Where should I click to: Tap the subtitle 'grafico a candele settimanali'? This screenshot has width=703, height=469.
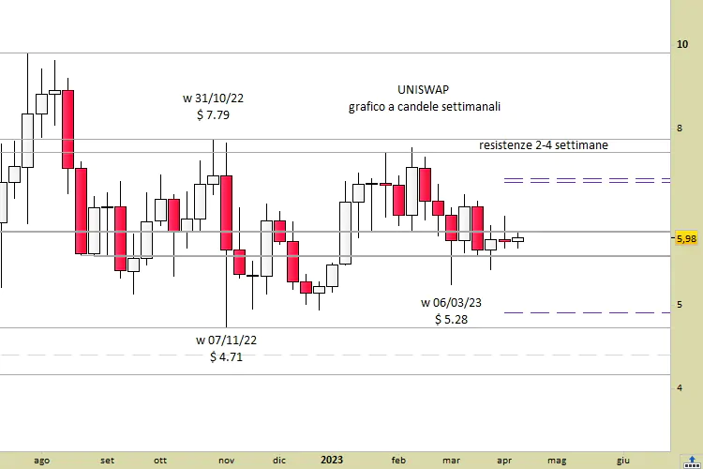(x=425, y=107)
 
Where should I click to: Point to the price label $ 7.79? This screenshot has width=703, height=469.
(x=214, y=115)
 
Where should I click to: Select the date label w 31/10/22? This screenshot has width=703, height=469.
(x=214, y=98)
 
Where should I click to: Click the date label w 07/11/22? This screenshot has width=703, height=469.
(x=226, y=339)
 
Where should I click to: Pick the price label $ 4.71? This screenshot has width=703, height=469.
(x=226, y=357)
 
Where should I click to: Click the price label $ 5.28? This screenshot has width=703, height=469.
(x=451, y=320)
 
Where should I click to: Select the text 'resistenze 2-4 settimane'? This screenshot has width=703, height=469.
(x=543, y=145)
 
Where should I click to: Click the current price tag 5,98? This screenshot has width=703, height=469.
(x=685, y=239)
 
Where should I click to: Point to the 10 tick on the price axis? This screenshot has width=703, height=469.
(x=683, y=44)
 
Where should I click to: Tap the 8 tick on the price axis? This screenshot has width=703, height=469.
(x=681, y=129)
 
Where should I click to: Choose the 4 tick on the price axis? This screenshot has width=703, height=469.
(x=681, y=386)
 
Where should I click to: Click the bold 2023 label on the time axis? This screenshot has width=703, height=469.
(x=332, y=460)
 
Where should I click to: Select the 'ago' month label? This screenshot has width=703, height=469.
(x=41, y=460)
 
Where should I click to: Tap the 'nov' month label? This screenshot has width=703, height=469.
(x=226, y=460)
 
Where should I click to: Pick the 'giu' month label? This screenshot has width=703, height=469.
(x=623, y=460)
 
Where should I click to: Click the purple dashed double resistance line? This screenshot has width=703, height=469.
(x=586, y=178)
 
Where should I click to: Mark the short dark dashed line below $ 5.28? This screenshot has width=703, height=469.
(x=586, y=312)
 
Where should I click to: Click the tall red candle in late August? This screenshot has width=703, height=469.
(x=68, y=129)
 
